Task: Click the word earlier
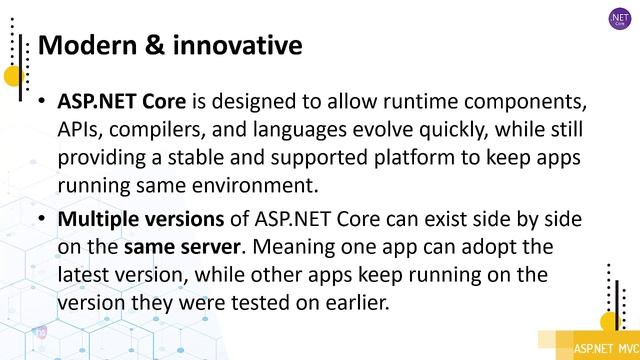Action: click(357, 301)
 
